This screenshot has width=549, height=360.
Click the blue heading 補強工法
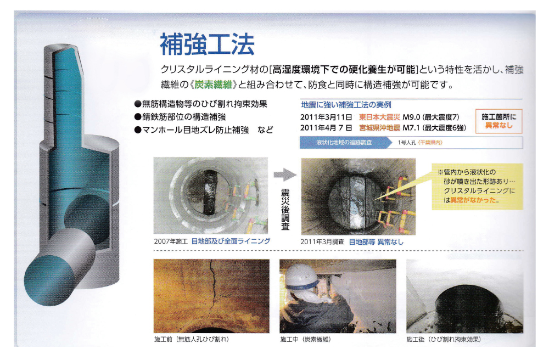[x=207, y=44]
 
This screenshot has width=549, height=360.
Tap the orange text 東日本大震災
[x=379, y=117]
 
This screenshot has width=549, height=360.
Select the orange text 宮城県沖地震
[x=379, y=128]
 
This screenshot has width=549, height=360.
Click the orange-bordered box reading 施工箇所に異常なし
[x=498, y=121]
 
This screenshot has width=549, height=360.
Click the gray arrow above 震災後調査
[x=285, y=175]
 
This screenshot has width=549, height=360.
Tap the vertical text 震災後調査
[x=285, y=209]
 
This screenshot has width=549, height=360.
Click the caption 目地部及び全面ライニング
[x=231, y=241]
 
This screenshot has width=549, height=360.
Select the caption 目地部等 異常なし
[x=376, y=242]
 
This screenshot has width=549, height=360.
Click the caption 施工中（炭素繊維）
[x=305, y=339]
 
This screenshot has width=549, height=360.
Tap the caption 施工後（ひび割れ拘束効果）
[x=444, y=339]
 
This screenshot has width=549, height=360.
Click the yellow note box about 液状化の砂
[x=477, y=187]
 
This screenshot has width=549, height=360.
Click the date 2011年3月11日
[x=326, y=117]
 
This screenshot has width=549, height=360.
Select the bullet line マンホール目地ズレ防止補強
[x=192, y=130]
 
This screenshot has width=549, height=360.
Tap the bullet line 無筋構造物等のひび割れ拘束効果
[x=200, y=104]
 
